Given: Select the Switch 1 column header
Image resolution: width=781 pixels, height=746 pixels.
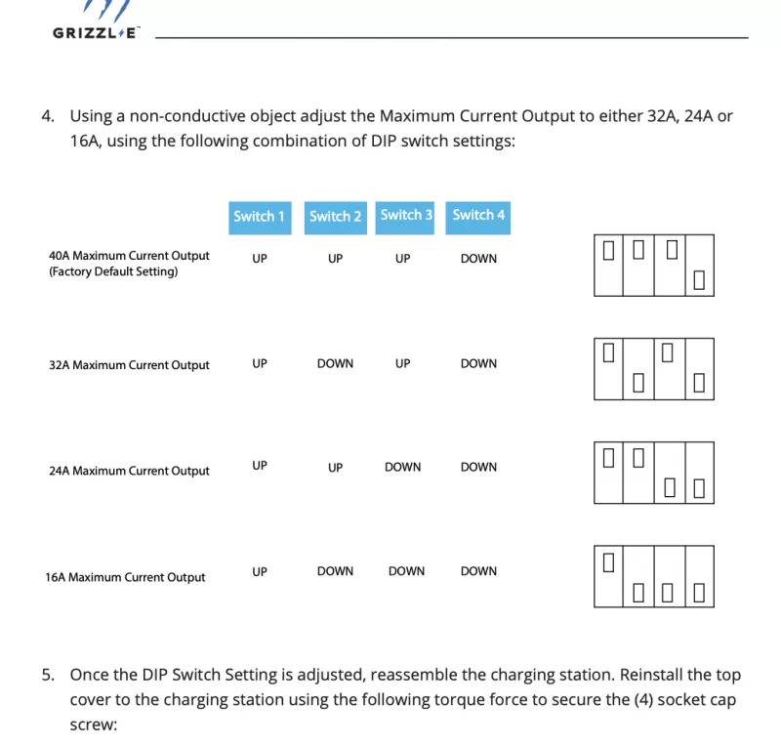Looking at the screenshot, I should tap(259, 216).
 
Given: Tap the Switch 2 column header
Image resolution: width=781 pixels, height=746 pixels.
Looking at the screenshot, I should tap(335, 216).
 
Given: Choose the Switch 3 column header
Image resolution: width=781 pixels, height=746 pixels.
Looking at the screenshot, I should tap(406, 215).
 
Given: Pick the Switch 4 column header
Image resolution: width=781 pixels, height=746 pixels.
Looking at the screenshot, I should tap(478, 215).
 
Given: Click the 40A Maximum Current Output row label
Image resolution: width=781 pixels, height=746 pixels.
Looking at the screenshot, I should tap(129, 256).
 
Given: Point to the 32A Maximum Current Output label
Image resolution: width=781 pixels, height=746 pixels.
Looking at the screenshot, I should tap(129, 365).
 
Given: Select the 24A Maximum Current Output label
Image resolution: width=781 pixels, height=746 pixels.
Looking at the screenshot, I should tap(129, 471).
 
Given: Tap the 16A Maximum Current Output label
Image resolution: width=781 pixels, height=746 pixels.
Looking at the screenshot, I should tap(125, 577).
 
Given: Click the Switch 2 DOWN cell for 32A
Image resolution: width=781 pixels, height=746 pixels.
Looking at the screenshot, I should tap(335, 363).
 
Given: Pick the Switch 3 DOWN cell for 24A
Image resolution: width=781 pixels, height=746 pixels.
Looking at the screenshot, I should tap(402, 467).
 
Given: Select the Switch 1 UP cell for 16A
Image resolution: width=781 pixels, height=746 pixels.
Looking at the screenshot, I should tap(259, 571).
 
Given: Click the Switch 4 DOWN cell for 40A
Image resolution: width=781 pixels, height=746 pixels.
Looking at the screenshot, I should tap(478, 259).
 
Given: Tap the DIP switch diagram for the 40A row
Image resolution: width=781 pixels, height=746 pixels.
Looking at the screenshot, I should tap(653, 265).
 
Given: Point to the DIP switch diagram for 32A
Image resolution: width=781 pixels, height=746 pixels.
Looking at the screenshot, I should tap(653, 368).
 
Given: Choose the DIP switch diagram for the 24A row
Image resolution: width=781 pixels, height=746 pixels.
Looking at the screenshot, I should tap(653, 473).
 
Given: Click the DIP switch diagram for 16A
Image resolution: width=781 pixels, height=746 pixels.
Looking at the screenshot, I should tap(653, 577).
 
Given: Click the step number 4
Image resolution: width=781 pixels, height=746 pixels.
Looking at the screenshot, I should tap(47, 116).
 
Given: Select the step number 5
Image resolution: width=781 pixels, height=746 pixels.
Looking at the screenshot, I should tap(47, 675).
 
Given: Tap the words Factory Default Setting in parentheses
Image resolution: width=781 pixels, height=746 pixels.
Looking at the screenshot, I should tap(113, 271).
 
